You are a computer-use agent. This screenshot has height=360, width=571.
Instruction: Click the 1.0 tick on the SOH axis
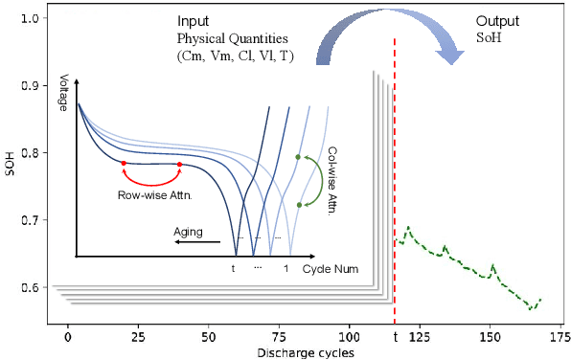(30, 18)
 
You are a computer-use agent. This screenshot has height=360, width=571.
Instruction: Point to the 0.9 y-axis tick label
(30, 85)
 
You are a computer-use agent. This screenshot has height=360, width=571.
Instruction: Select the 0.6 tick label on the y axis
(30, 288)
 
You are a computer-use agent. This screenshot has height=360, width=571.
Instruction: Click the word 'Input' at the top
(194, 21)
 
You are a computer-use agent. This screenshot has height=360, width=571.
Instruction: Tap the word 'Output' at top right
(497, 21)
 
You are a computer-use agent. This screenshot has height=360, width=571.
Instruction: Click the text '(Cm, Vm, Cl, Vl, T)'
(235, 56)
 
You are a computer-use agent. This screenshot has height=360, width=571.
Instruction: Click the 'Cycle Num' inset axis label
(331, 269)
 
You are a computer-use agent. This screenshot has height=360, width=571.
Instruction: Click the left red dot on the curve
(124, 164)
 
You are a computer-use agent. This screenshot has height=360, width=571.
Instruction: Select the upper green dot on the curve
(298, 156)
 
